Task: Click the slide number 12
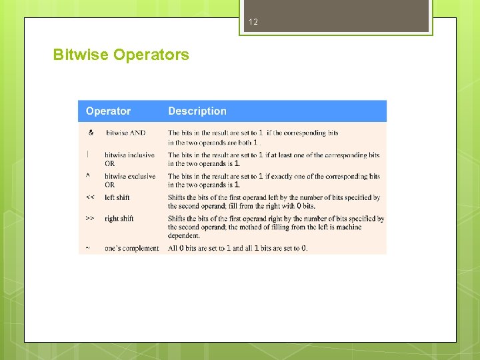pos(253,22)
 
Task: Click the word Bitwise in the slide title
pos(81,55)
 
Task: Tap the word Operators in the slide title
pos(151,55)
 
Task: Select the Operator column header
pos(108,111)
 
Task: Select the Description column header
pos(197,111)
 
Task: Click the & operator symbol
pos(91,132)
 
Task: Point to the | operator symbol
pos(87,154)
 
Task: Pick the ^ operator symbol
pos(88,176)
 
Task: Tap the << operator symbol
pos(90,197)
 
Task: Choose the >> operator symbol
pos(90,218)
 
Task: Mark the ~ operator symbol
pos(87,248)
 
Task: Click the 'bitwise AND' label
pos(125,133)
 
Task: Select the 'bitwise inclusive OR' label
pos(129,159)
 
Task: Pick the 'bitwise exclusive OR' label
pos(129,180)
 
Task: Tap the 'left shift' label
pos(117,197)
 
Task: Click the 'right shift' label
pos(119,219)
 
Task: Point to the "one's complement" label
pos(131,248)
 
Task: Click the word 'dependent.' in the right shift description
pos(184,235)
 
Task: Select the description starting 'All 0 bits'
pos(237,248)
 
